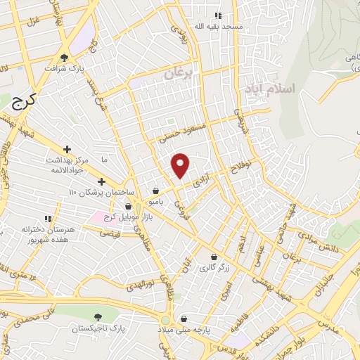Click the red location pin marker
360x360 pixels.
(x=181, y=165)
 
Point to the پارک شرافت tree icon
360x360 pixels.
(x=65, y=58)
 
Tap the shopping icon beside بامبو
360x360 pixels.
(x=155, y=190)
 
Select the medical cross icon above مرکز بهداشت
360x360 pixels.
(x=67, y=149)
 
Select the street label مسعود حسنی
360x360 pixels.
(x=184, y=131)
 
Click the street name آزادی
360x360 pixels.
(x=201, y=179)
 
